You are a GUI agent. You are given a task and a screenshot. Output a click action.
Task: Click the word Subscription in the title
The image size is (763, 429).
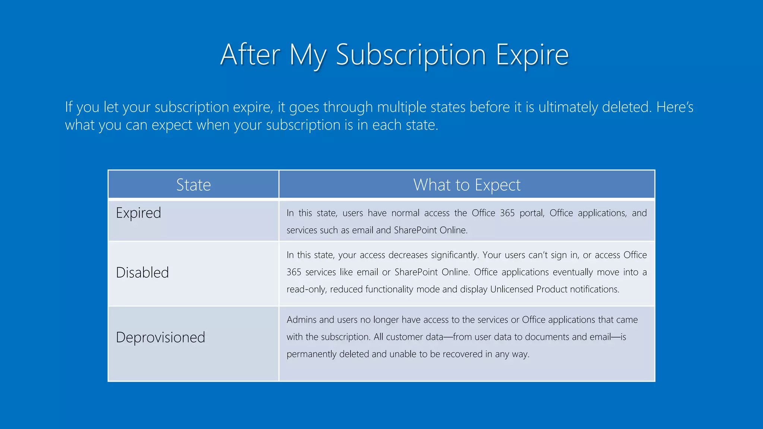click(x=411, y=55)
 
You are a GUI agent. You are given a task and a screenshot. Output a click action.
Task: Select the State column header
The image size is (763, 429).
click(x=193, y=185)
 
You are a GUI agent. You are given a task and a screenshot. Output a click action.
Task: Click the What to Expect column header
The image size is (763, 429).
click(x=466, y=185)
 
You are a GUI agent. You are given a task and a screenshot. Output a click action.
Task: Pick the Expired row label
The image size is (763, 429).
click(x=138, y=213)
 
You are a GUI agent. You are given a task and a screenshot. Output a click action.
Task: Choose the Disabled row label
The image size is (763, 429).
click(x=142, y=273)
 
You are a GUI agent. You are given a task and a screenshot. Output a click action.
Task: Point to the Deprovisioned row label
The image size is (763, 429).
click(x=160, y=337)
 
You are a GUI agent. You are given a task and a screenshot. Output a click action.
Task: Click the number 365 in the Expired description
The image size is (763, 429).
click(x=507, y=213)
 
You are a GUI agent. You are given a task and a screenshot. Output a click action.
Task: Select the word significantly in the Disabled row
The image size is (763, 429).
click(x=455, y=255)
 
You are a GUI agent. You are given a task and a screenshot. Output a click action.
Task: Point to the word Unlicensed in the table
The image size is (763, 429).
click(x=512, y=289)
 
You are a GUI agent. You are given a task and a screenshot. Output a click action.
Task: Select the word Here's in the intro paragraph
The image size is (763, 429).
click(x=675, y=107)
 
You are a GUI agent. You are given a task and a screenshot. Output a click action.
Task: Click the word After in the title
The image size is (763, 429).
click(x=250, y=55)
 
